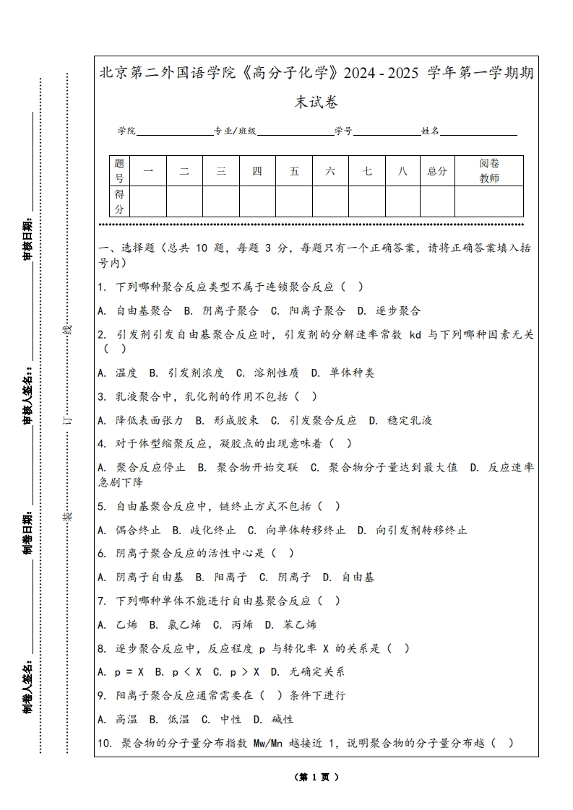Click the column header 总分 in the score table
coord(437,171)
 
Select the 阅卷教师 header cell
coord(489,171)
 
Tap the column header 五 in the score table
coord(294,171)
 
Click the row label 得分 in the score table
coord(120,201)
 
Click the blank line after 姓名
coord(478,131)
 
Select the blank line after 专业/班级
coord(295,131)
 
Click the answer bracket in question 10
coord(502,743)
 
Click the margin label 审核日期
coord(27,238)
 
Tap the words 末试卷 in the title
coord(316,103)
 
